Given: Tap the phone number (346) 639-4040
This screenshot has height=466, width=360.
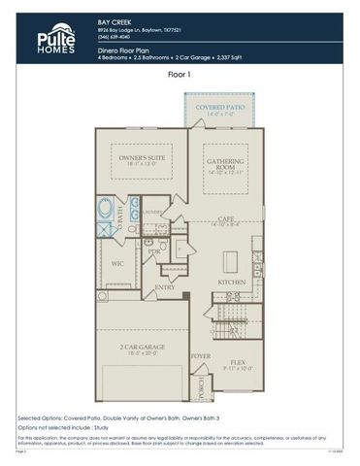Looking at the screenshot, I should coord(118,37).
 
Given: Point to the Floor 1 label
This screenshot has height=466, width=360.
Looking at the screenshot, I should coord(180,73).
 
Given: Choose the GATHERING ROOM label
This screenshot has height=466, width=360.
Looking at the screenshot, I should coord(223,164).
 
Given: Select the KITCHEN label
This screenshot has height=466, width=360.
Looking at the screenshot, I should coord(231,283).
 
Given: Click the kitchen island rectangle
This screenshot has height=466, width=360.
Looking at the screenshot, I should coord(231,261).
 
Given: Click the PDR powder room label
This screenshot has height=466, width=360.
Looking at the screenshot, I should coord(154,251).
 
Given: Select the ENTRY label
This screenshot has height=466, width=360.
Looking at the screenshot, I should coord(165,286).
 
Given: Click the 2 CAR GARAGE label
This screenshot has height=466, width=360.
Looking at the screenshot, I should coord(141,346).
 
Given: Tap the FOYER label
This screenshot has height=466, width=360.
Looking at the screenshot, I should coord(201,355).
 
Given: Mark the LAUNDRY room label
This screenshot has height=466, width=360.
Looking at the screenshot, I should coord(151,210).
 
